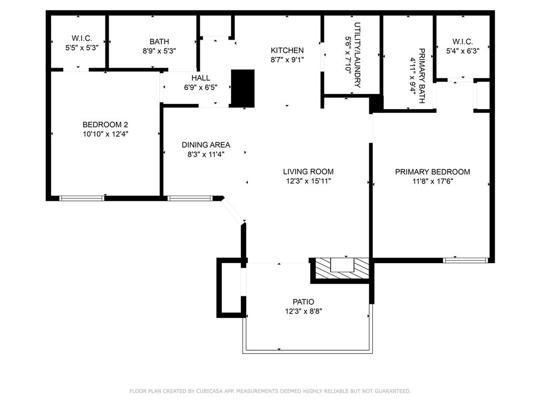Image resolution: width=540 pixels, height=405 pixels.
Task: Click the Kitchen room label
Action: click(287, 50)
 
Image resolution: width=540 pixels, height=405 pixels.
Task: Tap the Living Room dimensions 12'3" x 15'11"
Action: click(308, 181)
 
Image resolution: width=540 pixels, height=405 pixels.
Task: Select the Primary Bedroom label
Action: click(432, 172)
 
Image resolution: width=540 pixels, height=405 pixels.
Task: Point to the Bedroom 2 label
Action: click(105, 124)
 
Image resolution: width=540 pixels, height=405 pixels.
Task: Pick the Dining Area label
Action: click(206, 144)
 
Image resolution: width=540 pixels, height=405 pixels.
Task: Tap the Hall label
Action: click(200, 78)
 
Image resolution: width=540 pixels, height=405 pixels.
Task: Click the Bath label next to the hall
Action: click(159, 42)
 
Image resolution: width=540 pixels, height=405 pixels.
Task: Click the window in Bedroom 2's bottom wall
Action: click(82, 198)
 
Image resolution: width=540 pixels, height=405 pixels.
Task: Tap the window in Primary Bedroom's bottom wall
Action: click(465, 260)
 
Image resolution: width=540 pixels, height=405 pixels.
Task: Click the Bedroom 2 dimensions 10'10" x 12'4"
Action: click(105, 134)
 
